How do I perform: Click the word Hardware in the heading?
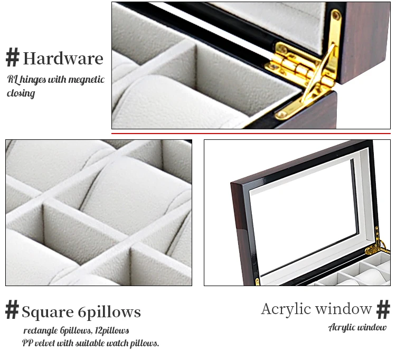pyautogui.click(x=63, y=58)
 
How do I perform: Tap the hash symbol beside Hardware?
pyautogui.click(x=12, y=57)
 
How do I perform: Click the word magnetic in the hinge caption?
pyautogui.click(x=87, y=80)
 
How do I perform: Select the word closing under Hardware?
pyautogui.click(x=21, y=93)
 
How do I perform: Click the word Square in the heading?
pyautogui.click(x=48, y=312)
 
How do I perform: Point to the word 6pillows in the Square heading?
pyautogui.click(x=109, y=312)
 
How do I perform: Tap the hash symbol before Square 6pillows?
pyautogui.click(x=12, y=309)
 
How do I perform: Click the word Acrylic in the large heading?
pyautogui.click(x=286, y=309)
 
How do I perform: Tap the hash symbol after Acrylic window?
pyautogui.click(x=383, y=309)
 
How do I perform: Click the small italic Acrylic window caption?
pyautogui.click(x=357, y=327)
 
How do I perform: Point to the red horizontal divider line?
pyautogui.click(x=251, y=134)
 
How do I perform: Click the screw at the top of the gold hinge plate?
pyautogui.click(x=336, y=16)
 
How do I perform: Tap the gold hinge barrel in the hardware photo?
pyautogui.click(x=300, y=68)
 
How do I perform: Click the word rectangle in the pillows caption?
pyautogui.click(x=41, y=331)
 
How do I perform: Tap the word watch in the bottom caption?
pyautogui.click(x=118, y=343)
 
